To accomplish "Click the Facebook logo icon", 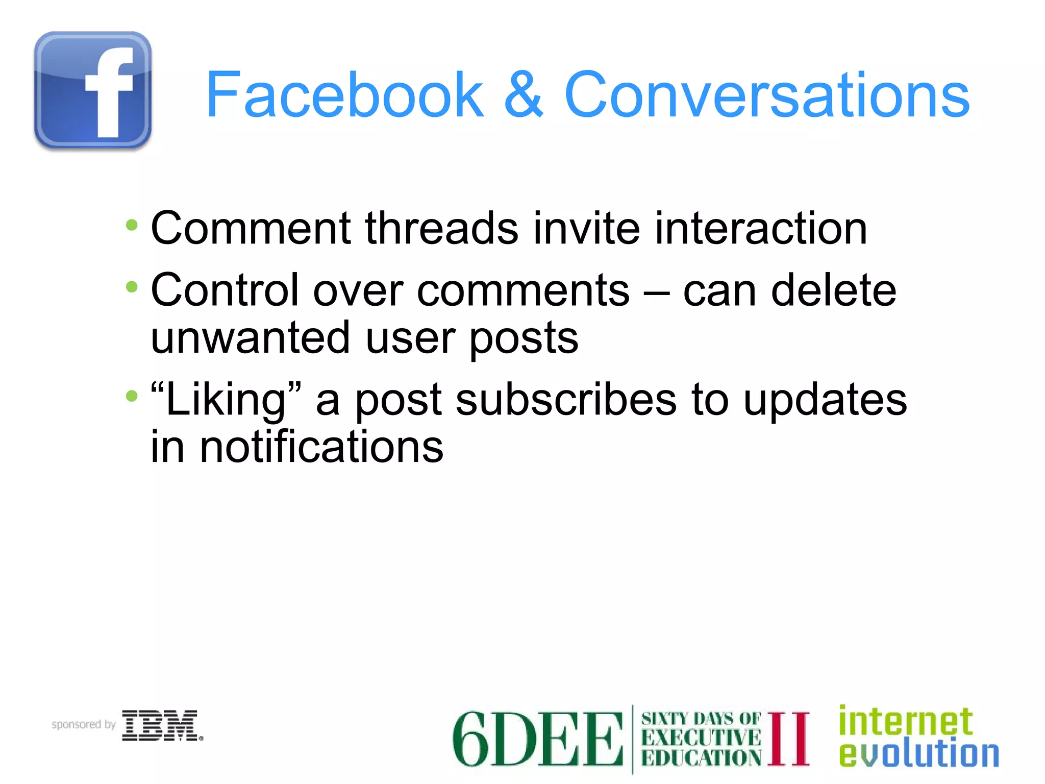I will [x=93, y=91].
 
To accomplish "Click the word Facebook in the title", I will [x=345, y=95].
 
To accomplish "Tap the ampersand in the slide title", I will [x=524, y=95].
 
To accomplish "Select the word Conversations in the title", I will [x=766, y=95].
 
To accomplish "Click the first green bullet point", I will [x=132, y=225].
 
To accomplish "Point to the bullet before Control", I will [x=132, y=287].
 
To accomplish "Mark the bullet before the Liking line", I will [x=132, y=396].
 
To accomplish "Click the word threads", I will [x=442, y=228].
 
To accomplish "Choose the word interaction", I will [x=761, y=228].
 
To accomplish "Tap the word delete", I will [x=834, y=290].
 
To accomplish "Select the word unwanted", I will [x=251, y=338].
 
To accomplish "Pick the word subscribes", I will [x=566, y=400].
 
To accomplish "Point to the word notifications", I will [x=321, y=447].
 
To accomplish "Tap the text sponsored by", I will [x=84, y=725].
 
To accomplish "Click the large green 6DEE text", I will [x=537, y=739].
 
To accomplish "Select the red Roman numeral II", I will [x=788, y=739].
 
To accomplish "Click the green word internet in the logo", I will [x=906, y=721].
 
